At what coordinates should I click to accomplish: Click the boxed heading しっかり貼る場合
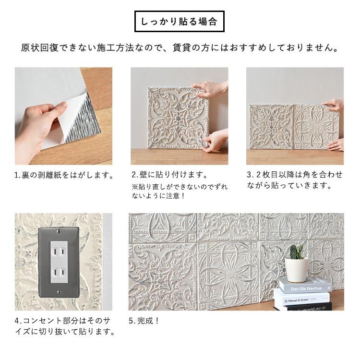pyautogui.click(x=179, y=22)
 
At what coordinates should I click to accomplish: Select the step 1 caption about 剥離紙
pyautogui.click(x=65, y=175)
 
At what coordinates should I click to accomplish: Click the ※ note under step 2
pyautogui.click(x=179, y=191)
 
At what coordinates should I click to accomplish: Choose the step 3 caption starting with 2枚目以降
pyautogui.click(x=295, y=180)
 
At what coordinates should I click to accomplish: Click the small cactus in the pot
pyautogui.click(x=296, y=252)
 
